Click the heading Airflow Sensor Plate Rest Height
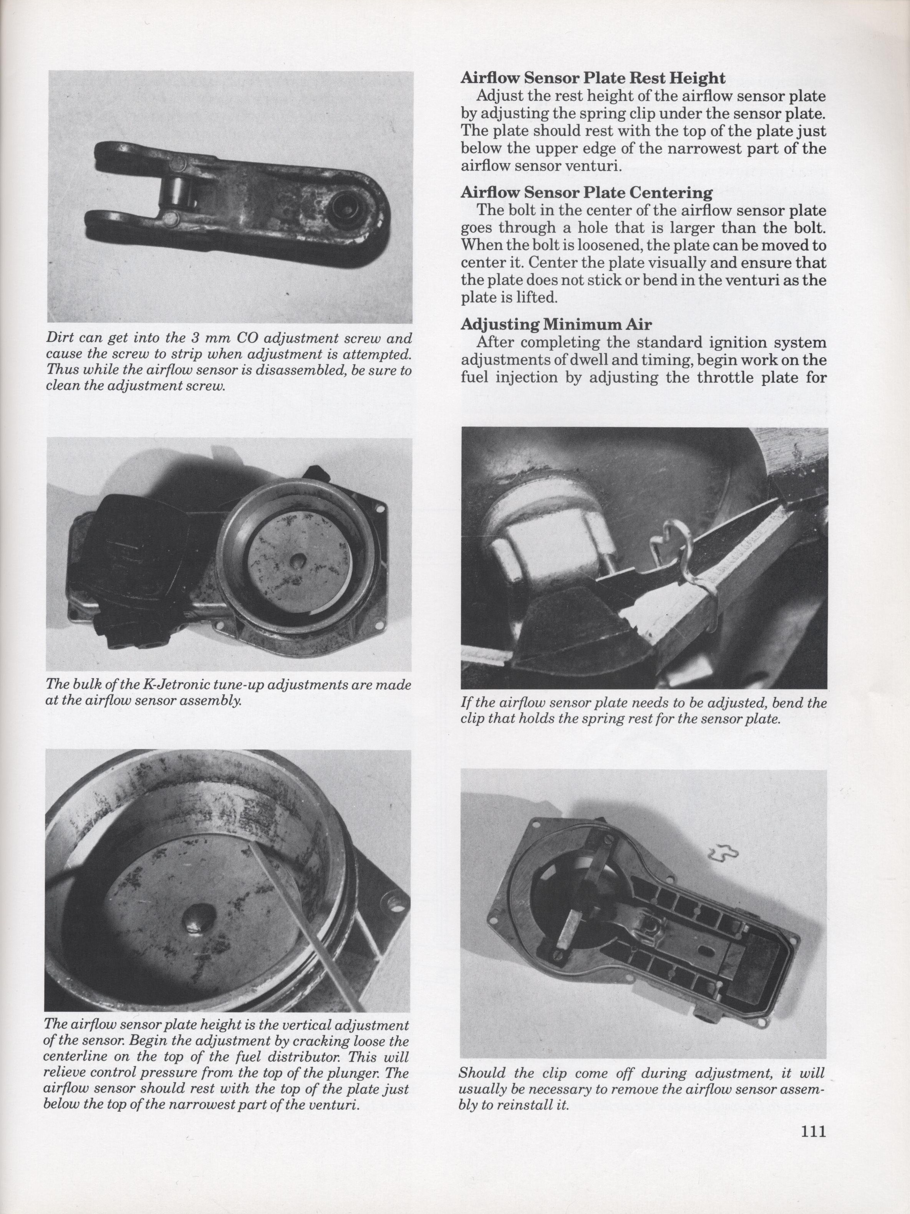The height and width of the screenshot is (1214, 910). coord(593,78)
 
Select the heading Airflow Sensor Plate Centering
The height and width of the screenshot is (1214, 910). coord(587,193)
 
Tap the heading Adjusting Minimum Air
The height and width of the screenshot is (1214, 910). coord(556,324)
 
